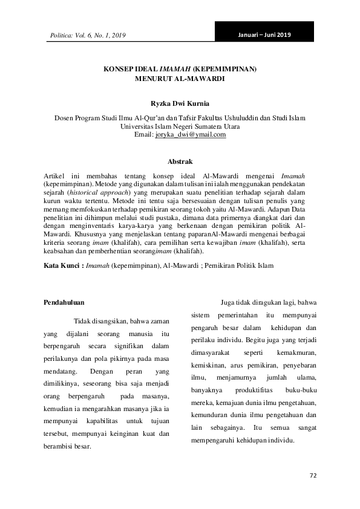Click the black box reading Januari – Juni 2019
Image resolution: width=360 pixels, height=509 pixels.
(x=264, y=34)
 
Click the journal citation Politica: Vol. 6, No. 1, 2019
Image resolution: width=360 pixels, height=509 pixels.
(x=87, y=37)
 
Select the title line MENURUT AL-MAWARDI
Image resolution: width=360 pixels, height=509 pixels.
(x=180, y=79)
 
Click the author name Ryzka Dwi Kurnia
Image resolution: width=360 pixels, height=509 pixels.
(x=180, y=103)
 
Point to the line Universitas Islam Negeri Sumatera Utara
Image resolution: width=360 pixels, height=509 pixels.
(x=180, y=126)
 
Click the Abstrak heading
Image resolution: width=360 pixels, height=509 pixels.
(x=180, y=161)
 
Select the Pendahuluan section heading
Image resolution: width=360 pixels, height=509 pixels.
(x=65, y=302)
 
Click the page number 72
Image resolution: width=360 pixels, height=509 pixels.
(x=313, y=476)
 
